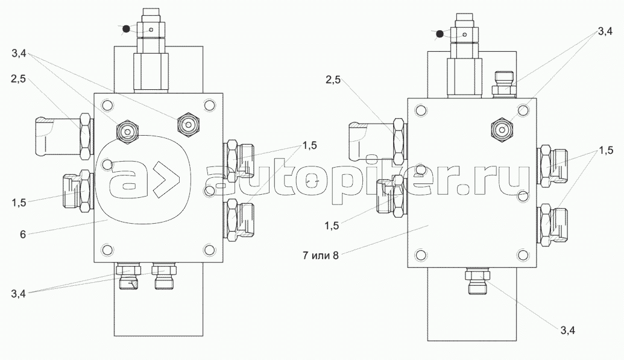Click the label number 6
(23, 234)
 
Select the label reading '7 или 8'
(320, 255)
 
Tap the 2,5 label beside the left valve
(18, 79)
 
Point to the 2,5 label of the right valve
(333, 80)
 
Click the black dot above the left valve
(126, 29)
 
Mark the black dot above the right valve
(440, 34)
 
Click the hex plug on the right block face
(502, 129)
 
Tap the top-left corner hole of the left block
(107, 106)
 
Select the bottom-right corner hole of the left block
(209, 250)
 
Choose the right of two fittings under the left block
(164, 276)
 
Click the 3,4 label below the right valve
(568, 330)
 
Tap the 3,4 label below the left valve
(18, 294)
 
